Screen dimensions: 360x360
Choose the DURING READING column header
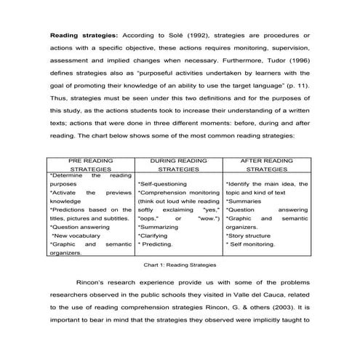pos(179,164)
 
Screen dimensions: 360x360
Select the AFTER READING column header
pos(267,164)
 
